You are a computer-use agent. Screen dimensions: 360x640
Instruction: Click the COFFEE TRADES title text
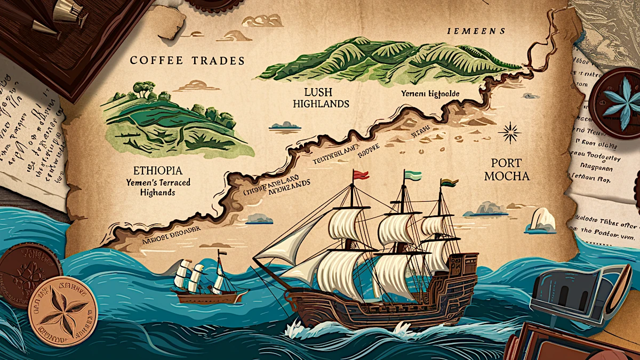187,61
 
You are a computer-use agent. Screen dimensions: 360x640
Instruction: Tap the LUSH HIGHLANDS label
321,97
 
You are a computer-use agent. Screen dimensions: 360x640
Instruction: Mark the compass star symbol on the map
509,132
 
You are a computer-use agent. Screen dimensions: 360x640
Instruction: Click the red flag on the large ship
361,174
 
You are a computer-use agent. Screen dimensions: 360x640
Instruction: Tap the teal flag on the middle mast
413,175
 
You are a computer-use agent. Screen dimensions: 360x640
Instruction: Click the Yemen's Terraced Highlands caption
158,187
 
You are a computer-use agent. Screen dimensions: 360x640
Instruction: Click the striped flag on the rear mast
449,183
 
